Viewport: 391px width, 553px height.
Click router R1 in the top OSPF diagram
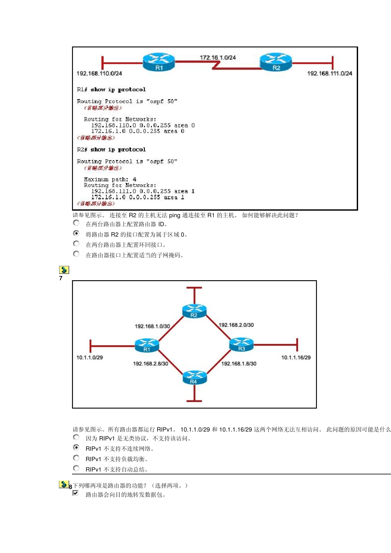tap(159, 62)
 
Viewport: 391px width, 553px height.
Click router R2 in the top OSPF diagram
tap(276, 62)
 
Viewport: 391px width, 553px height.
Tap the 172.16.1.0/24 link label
tap(218, 58)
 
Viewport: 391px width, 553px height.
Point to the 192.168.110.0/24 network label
tap(99, 74)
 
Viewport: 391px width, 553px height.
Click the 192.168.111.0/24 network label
tap(330, 74)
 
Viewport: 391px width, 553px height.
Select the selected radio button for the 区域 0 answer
tap(76, 233)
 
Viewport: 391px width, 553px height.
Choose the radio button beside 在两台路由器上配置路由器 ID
tap(76, 223)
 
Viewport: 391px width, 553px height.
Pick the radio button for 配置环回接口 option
tap(76, 244)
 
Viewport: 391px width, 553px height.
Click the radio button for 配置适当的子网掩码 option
tap(76, 254)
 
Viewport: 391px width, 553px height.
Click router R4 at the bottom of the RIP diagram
tap(195, 377)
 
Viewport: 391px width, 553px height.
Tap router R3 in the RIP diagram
tap(241, 344)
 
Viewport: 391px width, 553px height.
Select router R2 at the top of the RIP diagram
tap(194, 311)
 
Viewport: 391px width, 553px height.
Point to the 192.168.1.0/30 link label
tap(152, 326)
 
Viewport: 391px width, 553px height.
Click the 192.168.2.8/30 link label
tap(150, 364)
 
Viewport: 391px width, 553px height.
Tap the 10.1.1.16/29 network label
tap(296, 358)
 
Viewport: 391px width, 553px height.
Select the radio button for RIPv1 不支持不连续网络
tap(76, 448)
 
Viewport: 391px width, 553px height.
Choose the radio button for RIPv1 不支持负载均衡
tap(76, 458)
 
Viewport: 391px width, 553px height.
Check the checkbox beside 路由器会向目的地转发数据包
tap(76, 493)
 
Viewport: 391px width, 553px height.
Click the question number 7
tap(61, 279)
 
